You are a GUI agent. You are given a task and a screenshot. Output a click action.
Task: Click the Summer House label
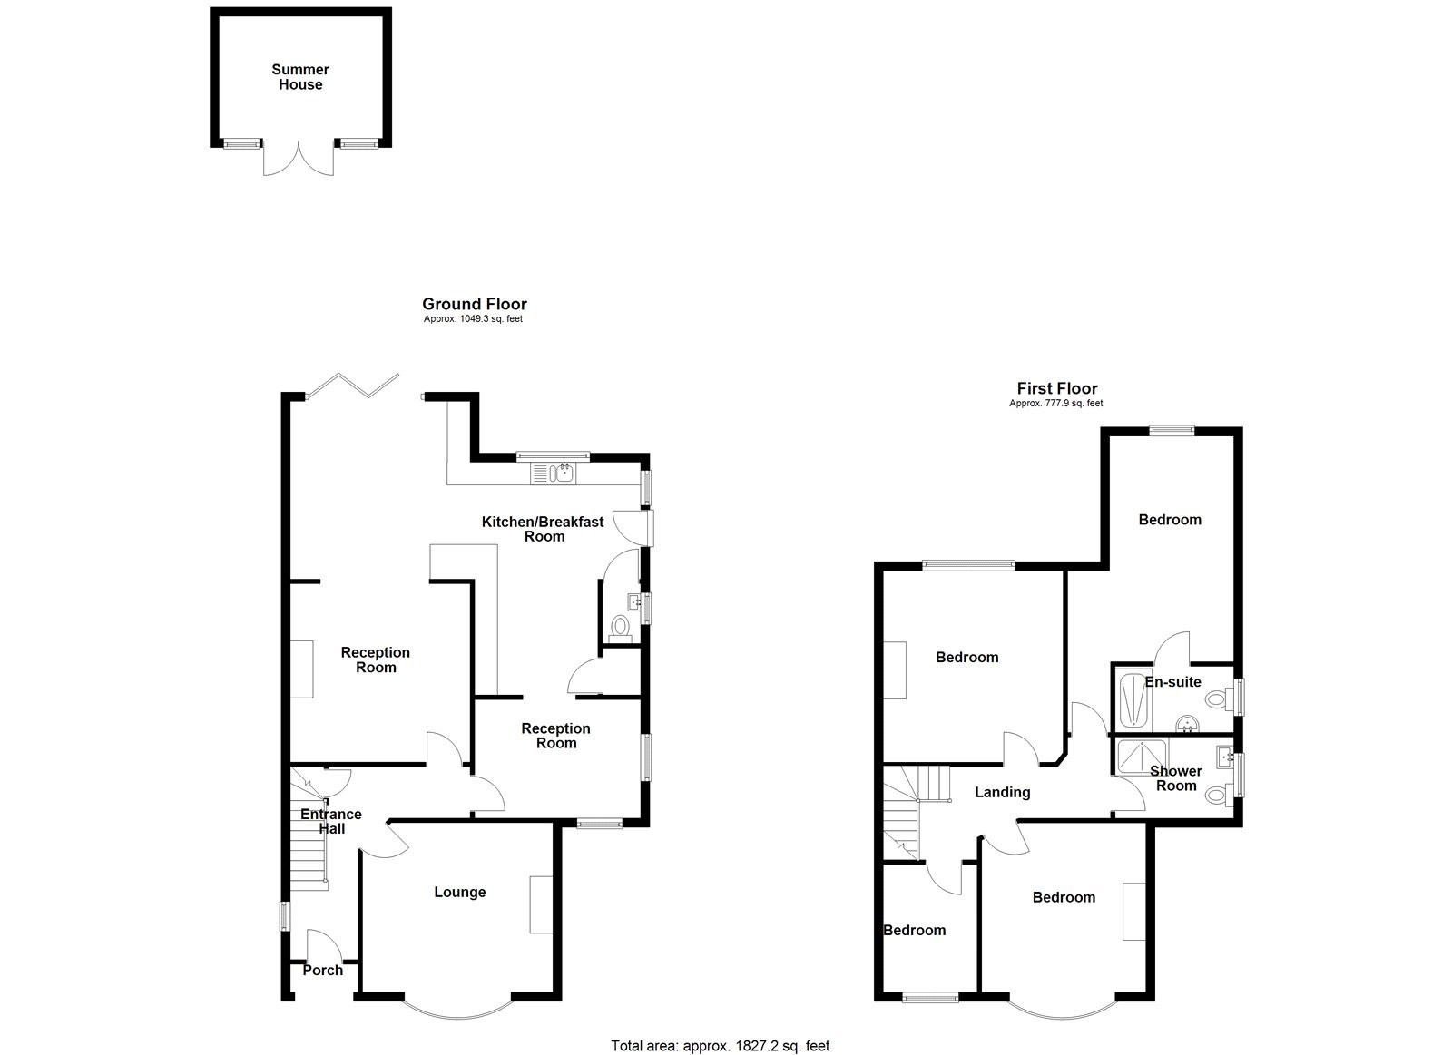tap(300, 77)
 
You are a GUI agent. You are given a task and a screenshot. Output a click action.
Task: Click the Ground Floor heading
tap(474, 305)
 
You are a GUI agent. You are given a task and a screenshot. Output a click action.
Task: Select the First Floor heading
tap(1056, 389)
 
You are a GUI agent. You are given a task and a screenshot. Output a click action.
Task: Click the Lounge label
tap(459, 893)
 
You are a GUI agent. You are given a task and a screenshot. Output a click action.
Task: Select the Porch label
tap(322, 971)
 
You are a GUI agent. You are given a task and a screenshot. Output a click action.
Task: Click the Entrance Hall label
tap(331, 821)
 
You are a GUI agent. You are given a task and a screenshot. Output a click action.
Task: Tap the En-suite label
tap(1172, 682)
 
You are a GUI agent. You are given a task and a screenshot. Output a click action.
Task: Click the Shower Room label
tap(1176, 778)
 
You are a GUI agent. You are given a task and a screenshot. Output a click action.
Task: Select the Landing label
tap(1002, 793)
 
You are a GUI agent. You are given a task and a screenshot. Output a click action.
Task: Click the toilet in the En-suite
tap(1217, 699)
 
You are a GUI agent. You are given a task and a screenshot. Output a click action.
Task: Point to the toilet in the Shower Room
tap(1216, 796)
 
